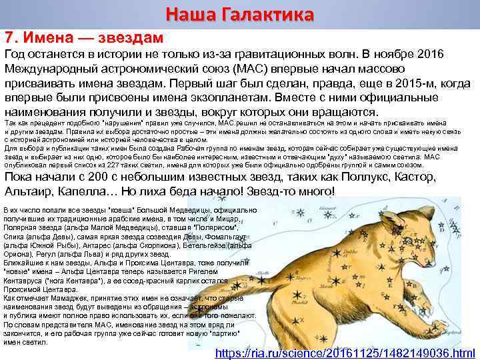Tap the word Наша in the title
click(189, 14)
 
